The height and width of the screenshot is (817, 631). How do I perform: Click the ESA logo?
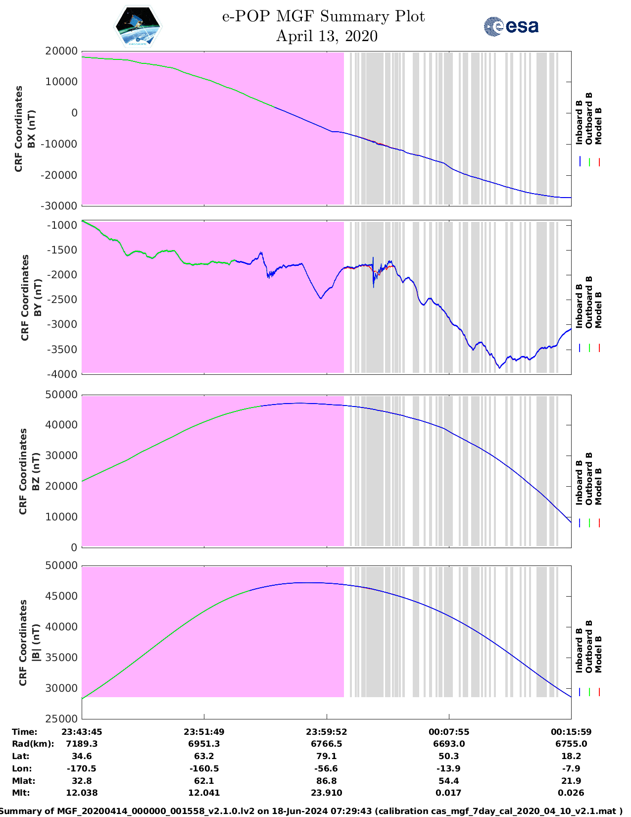tap(511, 26)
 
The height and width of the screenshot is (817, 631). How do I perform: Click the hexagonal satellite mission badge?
tap(138, 26)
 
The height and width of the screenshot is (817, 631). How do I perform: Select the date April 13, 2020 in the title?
tap(327, 36)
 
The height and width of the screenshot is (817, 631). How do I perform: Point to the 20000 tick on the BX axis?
tap(61, 51)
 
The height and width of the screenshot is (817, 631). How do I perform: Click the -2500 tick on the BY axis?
tap(63, 300)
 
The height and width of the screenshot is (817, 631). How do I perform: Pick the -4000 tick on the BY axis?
tap(63, 374)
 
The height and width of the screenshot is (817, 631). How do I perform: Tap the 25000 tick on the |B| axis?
tap(61, 719)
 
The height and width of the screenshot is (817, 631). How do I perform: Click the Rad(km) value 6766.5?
tap(327, 744)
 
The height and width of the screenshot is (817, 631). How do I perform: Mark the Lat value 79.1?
tap(327, 756)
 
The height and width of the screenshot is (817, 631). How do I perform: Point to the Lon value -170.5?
tap(82, 768)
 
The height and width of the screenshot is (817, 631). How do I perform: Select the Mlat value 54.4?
tap(449, 781)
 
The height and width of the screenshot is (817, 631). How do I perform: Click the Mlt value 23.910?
tap(327, 793)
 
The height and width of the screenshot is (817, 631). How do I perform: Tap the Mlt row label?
tap(21, 793)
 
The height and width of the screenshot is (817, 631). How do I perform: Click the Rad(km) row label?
tap(33, 744)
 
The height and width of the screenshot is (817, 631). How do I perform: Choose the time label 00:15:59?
tap(571, 732)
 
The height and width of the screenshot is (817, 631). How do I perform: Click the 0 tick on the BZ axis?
tap(74, 548)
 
